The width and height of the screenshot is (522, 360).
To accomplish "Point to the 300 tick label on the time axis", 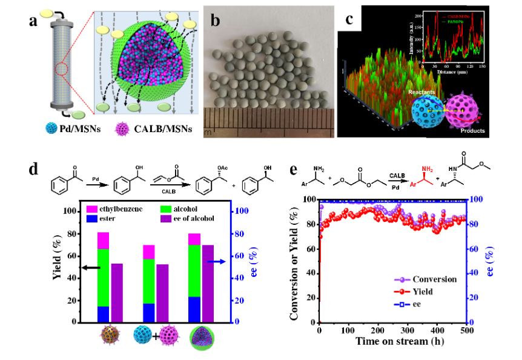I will pyautogui.click(x=407, y=330).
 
